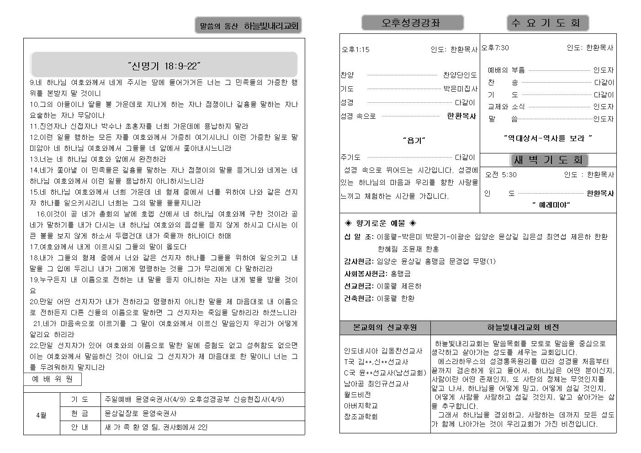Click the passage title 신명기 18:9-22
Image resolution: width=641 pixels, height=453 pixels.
coord(164,66)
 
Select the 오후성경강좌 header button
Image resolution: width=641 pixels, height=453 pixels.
coord(412,23)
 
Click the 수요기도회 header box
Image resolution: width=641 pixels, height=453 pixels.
coord(547,23)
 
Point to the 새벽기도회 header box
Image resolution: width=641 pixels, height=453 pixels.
coord(548,160)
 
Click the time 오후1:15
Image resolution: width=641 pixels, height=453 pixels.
coord(355,49)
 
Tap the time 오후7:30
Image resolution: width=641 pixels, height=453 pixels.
coord(495,47)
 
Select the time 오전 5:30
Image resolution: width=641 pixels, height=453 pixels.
coord(501,174)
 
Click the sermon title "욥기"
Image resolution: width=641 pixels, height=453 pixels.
coord(414,141)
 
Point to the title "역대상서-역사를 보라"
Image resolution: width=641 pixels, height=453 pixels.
coord(548,137)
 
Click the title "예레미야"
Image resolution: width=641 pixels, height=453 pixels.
coord(551,205)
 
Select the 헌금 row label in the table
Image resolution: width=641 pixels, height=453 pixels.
coord(80,413)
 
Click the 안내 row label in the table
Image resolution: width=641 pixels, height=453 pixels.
coord(80,427)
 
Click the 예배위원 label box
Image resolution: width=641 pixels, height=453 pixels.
coord(52,379)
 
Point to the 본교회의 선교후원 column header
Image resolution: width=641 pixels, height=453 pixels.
coord(385,327)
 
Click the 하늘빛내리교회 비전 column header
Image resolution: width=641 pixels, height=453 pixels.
coord(523,327)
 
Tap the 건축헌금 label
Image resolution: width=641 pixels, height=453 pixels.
coord(360,298)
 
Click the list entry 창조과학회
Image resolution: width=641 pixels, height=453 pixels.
coord(360,416)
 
